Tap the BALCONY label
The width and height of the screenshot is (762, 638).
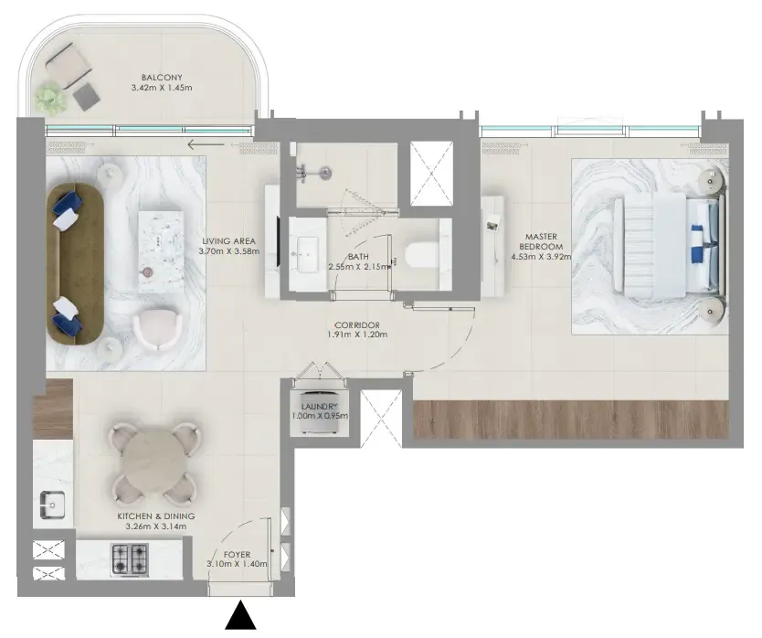pyautogui.click(x=162, y=78)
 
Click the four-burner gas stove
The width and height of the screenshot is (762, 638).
pyautogui.click(x=130, y=559)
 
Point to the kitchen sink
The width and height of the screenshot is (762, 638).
pyautogui.click(x=53, y=505)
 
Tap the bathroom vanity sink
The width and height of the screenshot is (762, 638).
pyautogui.click(x=308, y=254)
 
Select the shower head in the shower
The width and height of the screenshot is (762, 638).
pyautogui.click(x=326, y=172)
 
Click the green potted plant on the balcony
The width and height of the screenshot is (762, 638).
pyautogui.click(x=50, y=99)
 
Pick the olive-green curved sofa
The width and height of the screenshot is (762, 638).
pyautogui.click(x=75, y=264)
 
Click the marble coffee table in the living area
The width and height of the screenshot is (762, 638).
pyautogui.click(x=161, y=252)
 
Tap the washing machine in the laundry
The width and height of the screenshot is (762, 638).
pyautogui.click(x=319, y=412)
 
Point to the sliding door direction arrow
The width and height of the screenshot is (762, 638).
pyautogui.click(x=206, y=144)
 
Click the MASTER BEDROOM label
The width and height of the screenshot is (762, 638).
pyautogui.click(x=541, y=241)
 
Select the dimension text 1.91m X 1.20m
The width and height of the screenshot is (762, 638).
pyautogui.click(x=357, y=335)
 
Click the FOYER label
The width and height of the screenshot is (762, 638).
pyautogui.click(x=238, y=554)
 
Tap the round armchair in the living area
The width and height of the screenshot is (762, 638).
pyautogui.click(x=157, y=329)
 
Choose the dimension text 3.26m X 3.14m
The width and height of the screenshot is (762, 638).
pyautogui.click(x=155, y=526)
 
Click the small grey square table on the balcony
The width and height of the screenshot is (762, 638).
pyautogui.click(x=87, y=96)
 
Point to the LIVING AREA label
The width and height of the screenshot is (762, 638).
pyautogui.click(x=228, y=241)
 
